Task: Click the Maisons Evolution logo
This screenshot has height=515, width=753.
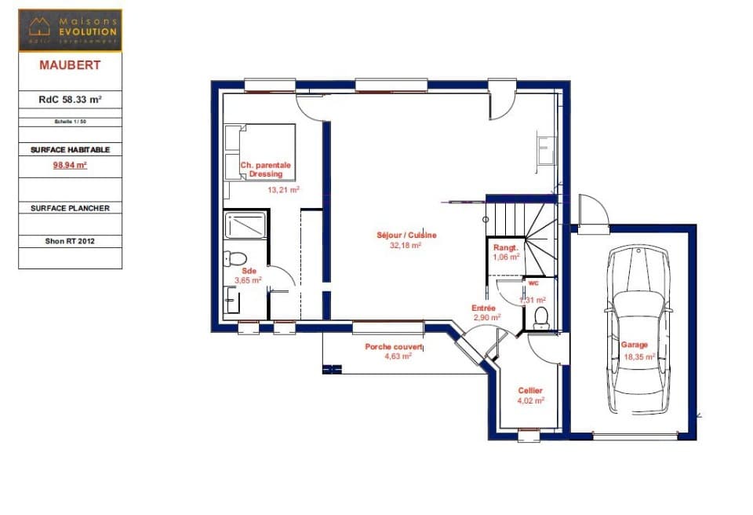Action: click(x=70, y=30)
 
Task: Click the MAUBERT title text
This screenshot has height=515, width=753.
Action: click(x=70, y=65)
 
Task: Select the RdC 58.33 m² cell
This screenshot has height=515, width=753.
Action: click(x=70, y=100)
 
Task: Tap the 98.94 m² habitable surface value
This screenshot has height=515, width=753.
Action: click(x=70, y=165)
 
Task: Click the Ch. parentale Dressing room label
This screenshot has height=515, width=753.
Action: click(x=265, y=170)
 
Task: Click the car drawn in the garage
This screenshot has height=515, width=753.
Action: click(x=640, y=330)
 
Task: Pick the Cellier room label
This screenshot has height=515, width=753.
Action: click(x=530, y=395)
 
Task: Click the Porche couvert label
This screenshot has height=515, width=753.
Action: click(x=394, y=351)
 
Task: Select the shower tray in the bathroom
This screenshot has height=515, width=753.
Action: click(x=246, y=226)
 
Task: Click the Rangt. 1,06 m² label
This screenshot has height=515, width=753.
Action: click(x=506, y=252)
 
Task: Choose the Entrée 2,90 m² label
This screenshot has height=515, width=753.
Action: click(x=486, y=312)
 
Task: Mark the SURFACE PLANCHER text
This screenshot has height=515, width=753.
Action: click(x=70, y=208)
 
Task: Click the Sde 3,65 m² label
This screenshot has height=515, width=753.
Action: click(x=248, y=274)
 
